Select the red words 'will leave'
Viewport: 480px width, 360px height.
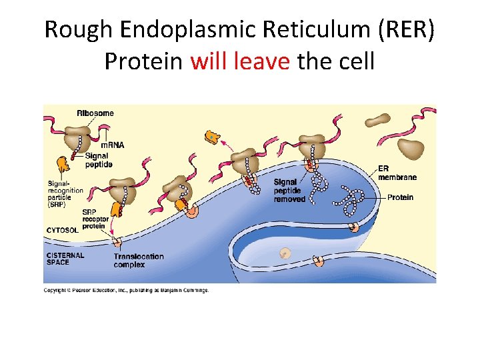point(240,61)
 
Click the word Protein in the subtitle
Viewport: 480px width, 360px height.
point(143,61)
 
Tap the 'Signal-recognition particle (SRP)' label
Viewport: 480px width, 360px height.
point(65,194)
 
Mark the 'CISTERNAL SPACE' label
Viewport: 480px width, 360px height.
point(65,258)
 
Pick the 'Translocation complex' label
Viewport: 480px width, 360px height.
point(138,260)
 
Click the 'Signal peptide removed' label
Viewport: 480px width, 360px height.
point(289,190)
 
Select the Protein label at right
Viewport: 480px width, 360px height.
point(400,197)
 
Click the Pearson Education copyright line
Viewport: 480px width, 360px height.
point(126,290)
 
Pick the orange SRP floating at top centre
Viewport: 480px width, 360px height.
point(213,137)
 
